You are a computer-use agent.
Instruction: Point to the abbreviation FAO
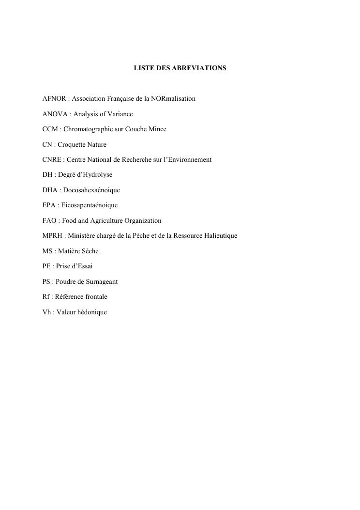(x=50, y=221)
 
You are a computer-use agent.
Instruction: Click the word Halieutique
(x=220, y=236)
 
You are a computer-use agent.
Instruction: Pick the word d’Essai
(x=83, y=266)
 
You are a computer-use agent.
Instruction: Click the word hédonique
(x=93, y=312)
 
